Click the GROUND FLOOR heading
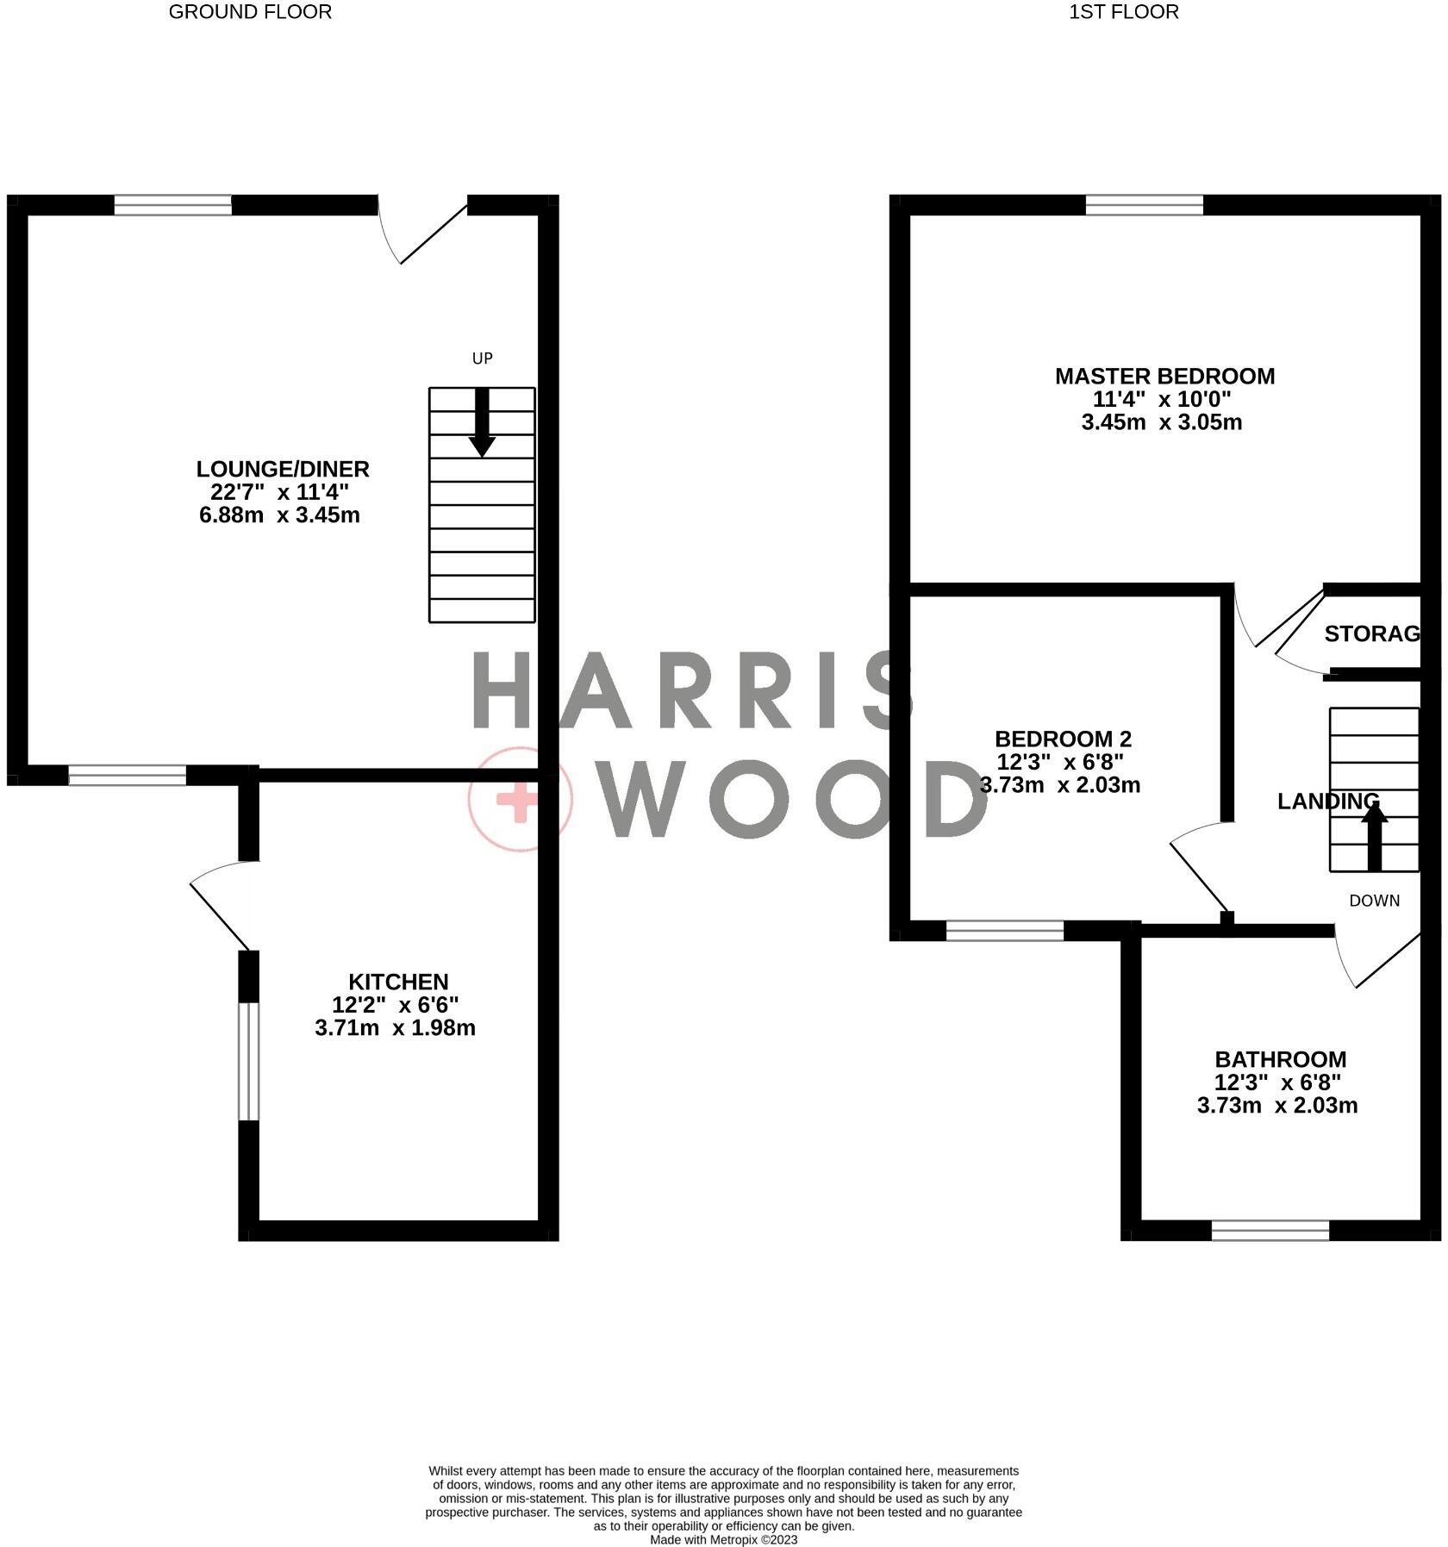pyautogui.click(x=250, y=12)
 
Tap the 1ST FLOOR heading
pyautogui.click(x=1123, y=12)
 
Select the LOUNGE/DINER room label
pyautogui.click(x=283, y=470)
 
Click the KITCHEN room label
pyautogui.click(x=398, y=982)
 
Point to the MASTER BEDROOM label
pyautogui.click(x=1164, y=377)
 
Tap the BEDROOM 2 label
pyautogui.click(x=1063, y=739)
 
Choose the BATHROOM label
pyautogui.click(x=1280, y=1059)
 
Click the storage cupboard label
pyautogui.click(x=1371, y=634)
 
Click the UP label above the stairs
pyautogui.click(x=482, y=359)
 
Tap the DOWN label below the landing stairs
pyautogui.click(x=1374, y=901)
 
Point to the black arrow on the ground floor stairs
pyautogui.click(x=482, y=422)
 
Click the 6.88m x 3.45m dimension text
pyautogui.click(x=279, y=515)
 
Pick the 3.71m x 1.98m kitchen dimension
pyautogui.click(x=396, y=1028)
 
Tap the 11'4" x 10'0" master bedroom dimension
pyautogui.click(x=1162, y=400)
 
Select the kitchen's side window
pyautogui.click(x=248, y=1061)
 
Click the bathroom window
pyautogui.click(x=1270, y=1230)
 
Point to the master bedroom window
pyautogui.click(x=1144, y=204)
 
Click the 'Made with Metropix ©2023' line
pyautogui.click(x=723, y=1539)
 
